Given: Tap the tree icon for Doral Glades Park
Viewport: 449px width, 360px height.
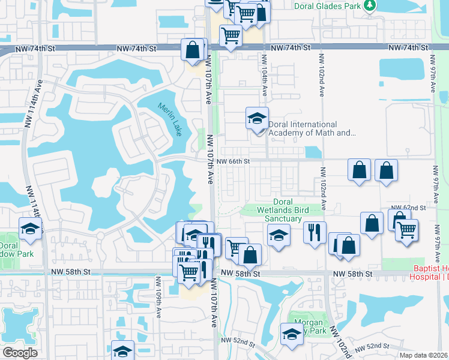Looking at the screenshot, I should click(370, 6).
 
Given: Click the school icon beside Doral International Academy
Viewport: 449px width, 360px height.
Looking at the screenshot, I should click(257, 118).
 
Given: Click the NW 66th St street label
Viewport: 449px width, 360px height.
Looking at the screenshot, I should click(233, 161).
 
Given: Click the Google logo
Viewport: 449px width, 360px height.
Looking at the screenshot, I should click(19, 353).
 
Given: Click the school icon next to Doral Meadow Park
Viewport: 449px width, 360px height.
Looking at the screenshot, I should click(29, 229).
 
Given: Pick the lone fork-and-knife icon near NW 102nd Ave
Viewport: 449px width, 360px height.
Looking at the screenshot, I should click(315, 232).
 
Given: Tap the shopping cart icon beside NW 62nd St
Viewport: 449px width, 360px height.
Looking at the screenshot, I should click(407, 229).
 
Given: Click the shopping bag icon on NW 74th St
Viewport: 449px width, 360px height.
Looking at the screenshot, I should click(193, 50).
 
